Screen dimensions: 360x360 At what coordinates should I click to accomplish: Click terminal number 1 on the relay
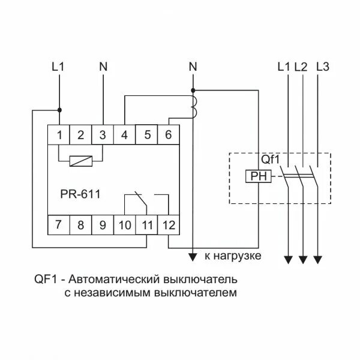tap(59, 135)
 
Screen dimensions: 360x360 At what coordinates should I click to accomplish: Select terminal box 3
tap(103, 135)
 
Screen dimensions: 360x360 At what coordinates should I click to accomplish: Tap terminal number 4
tap(124, 135)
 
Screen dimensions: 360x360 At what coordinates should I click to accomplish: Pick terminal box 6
tap(168, 135)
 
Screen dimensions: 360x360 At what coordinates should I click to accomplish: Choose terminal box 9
tap(103, 226)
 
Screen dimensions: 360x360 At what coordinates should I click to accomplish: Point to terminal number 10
tap(125, 226)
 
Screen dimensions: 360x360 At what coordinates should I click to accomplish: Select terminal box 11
tap(146, 226)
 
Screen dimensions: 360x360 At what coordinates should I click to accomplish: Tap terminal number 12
tap(168, 226)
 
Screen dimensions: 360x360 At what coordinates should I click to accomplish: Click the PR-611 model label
tap(80, 193)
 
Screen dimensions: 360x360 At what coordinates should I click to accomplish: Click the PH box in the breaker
tap(258, 176)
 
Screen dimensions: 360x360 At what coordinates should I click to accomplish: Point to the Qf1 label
tap(270, 160)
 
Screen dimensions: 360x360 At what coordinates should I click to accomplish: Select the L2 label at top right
tap(301, 67)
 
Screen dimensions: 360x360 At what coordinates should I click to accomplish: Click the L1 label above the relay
tap(58, 67)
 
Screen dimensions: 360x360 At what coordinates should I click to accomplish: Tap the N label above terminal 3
tap(103, 67)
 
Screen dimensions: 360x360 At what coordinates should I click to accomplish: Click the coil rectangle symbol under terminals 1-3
tap(80, 161)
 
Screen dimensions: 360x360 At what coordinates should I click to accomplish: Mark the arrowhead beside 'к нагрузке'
tap(193, 257)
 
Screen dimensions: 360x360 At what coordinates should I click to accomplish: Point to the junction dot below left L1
tap(59, 110)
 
